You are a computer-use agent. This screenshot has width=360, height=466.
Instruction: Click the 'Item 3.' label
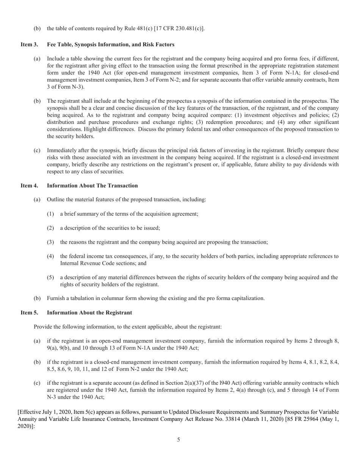[29, 45]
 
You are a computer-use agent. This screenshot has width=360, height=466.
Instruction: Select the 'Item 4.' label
[29, 186]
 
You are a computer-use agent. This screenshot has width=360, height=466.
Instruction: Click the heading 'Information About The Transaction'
[92, 186]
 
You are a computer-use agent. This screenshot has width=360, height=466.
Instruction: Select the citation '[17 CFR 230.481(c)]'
[179, 28]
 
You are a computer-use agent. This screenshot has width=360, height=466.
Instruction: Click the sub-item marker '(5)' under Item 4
[50, 277]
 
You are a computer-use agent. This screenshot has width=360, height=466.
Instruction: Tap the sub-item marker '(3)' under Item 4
[50, 242]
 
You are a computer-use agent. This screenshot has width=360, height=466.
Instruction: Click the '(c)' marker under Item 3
[37, 150]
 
